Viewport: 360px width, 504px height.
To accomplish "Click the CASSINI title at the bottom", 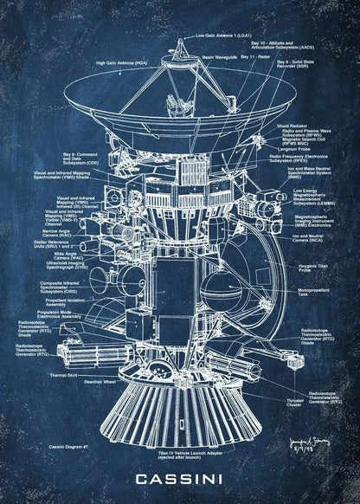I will point(180,477).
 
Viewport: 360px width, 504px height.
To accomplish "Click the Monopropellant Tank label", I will point(312,268).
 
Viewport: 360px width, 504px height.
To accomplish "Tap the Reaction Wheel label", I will point(125,382).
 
